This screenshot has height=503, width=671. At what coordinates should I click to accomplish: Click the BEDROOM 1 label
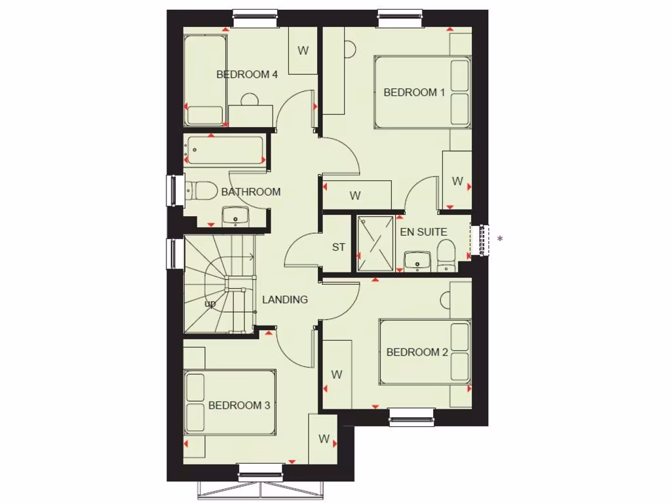pos(414,92)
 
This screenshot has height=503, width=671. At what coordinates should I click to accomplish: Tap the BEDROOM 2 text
pos(417,352)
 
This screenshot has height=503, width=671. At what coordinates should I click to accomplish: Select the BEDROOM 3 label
pos(239,405)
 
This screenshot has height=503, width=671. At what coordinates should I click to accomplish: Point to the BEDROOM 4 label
pos(247,75)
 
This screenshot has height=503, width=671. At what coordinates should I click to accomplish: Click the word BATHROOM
pos(251,192)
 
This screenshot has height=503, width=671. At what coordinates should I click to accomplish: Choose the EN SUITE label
pos(423,232)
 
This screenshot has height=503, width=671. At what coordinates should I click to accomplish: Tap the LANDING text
pos(285,300)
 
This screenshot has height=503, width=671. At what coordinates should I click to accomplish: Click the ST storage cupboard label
pos(338,248)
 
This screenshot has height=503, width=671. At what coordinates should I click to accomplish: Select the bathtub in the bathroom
pos(225,151)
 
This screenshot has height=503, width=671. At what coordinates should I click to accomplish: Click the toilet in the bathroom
pos(203,191)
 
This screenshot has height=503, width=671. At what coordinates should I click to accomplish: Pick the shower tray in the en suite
pos(375,243)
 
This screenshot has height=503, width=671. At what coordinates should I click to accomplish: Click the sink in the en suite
pos(416,261)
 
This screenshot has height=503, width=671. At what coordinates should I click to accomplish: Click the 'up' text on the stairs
pos(210,304)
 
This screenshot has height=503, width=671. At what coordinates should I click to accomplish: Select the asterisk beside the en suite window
pos(500,239)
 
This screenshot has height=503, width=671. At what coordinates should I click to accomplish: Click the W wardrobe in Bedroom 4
pos(303,50)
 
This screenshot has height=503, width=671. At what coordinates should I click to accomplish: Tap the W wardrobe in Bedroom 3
pos(324,439)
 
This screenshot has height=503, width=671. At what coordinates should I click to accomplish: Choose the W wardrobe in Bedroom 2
pos(337,375)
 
